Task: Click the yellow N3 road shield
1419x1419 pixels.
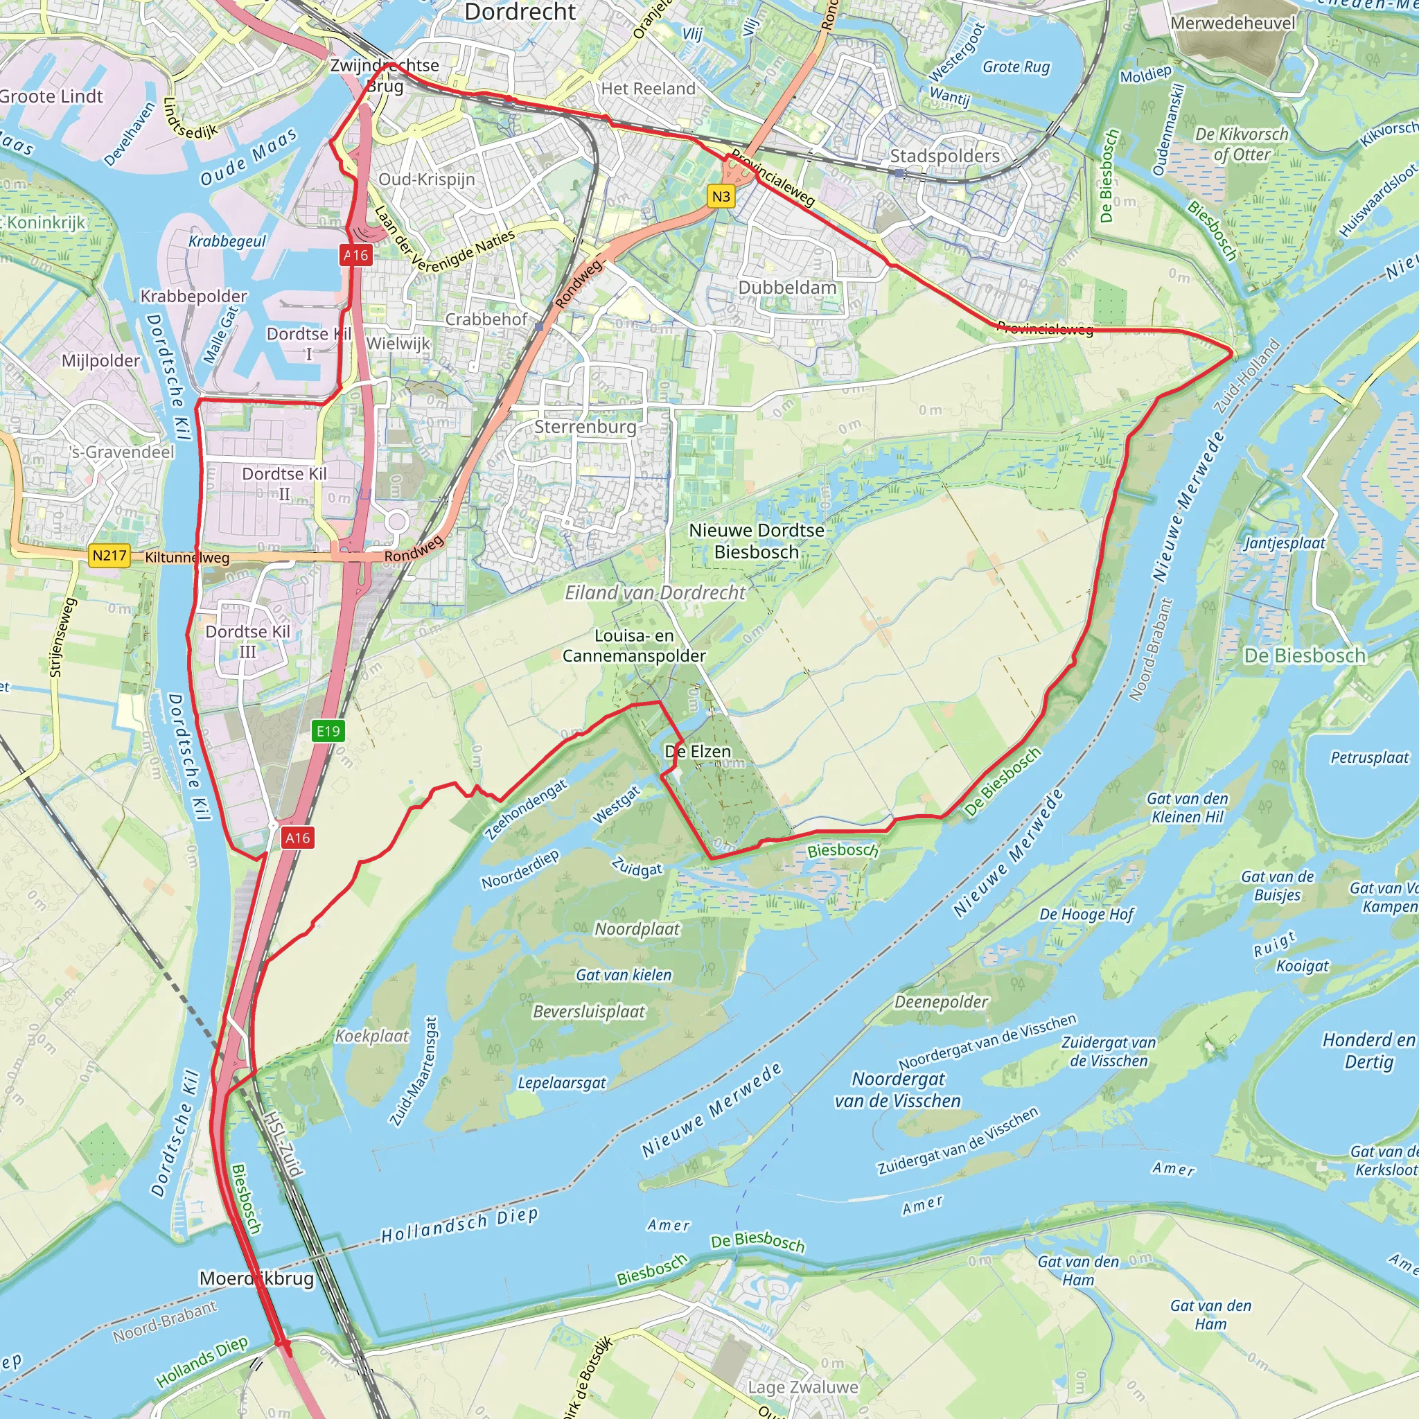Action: [721, 196]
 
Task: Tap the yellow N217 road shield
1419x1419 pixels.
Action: [109, 555]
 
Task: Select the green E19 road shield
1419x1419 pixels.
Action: [328, 731]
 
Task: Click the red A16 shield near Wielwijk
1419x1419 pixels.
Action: [356, 255]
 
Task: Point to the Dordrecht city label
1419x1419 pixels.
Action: [520, 12]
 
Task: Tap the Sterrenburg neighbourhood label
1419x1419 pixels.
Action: [585, 427]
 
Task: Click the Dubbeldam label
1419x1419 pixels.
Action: [787, 287]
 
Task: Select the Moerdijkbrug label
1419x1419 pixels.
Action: [257, 1278]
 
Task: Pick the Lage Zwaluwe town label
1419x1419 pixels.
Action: [803, 1386]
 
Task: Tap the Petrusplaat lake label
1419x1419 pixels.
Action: [1370, 757]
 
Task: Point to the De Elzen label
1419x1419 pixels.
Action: [698, 751]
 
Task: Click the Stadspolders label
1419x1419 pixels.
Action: [944, 156]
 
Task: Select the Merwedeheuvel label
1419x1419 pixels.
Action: [1233, 23]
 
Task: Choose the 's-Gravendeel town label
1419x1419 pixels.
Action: [122, 452]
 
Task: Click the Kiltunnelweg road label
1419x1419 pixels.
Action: [187, 558]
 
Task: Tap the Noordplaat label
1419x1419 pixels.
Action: [637, 929]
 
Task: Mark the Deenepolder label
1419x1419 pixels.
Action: [941, 1002]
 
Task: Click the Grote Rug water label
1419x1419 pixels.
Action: [1016, 67]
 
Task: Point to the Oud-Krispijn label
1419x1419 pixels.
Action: [427, 179]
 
